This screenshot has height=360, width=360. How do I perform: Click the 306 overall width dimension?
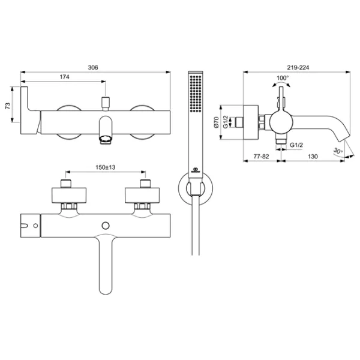(93, 67)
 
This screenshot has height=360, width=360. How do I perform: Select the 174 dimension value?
(65, 77)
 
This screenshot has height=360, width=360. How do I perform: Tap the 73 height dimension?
(8, 106)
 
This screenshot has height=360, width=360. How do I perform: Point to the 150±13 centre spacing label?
(106, 167)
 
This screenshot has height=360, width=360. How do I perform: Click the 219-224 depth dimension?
(298, 67)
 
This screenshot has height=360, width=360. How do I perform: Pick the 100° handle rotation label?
(283, 78)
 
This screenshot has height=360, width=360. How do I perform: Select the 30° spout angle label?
(338, 151)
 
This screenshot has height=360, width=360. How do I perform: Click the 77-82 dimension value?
(261, 157)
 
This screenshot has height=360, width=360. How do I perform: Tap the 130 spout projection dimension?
(313, 157)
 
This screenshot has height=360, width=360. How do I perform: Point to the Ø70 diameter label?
(217, 122)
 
